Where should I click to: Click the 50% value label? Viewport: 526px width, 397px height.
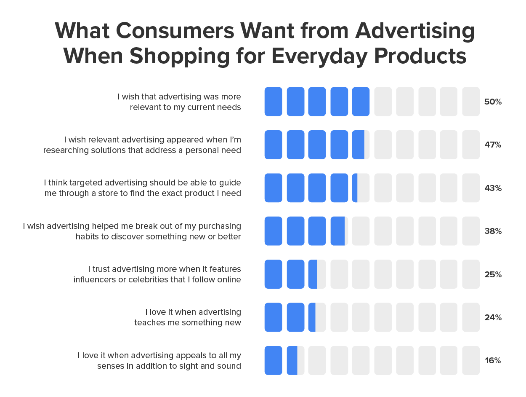[x=492, y=102]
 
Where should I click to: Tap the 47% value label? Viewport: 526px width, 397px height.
[x=492, y=145]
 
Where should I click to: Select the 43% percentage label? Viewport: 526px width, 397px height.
[x=492, y=188]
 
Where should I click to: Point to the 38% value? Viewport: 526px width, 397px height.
[x=492, y=231]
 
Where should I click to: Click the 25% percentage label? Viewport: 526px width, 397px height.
[x=492, y=275]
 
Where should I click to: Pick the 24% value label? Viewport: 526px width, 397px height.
[x=492, y=318]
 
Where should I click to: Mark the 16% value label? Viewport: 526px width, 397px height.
[x=492, y=361]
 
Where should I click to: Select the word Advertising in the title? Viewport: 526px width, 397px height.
[x=414, y=31]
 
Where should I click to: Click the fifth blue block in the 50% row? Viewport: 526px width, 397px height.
[x=361, y=102]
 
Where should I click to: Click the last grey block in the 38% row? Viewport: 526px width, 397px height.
[x=470, y=231]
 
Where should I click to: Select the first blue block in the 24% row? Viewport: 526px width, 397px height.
[x=273, y=317]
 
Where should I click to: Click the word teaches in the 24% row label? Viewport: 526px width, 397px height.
[x=148, y=323]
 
